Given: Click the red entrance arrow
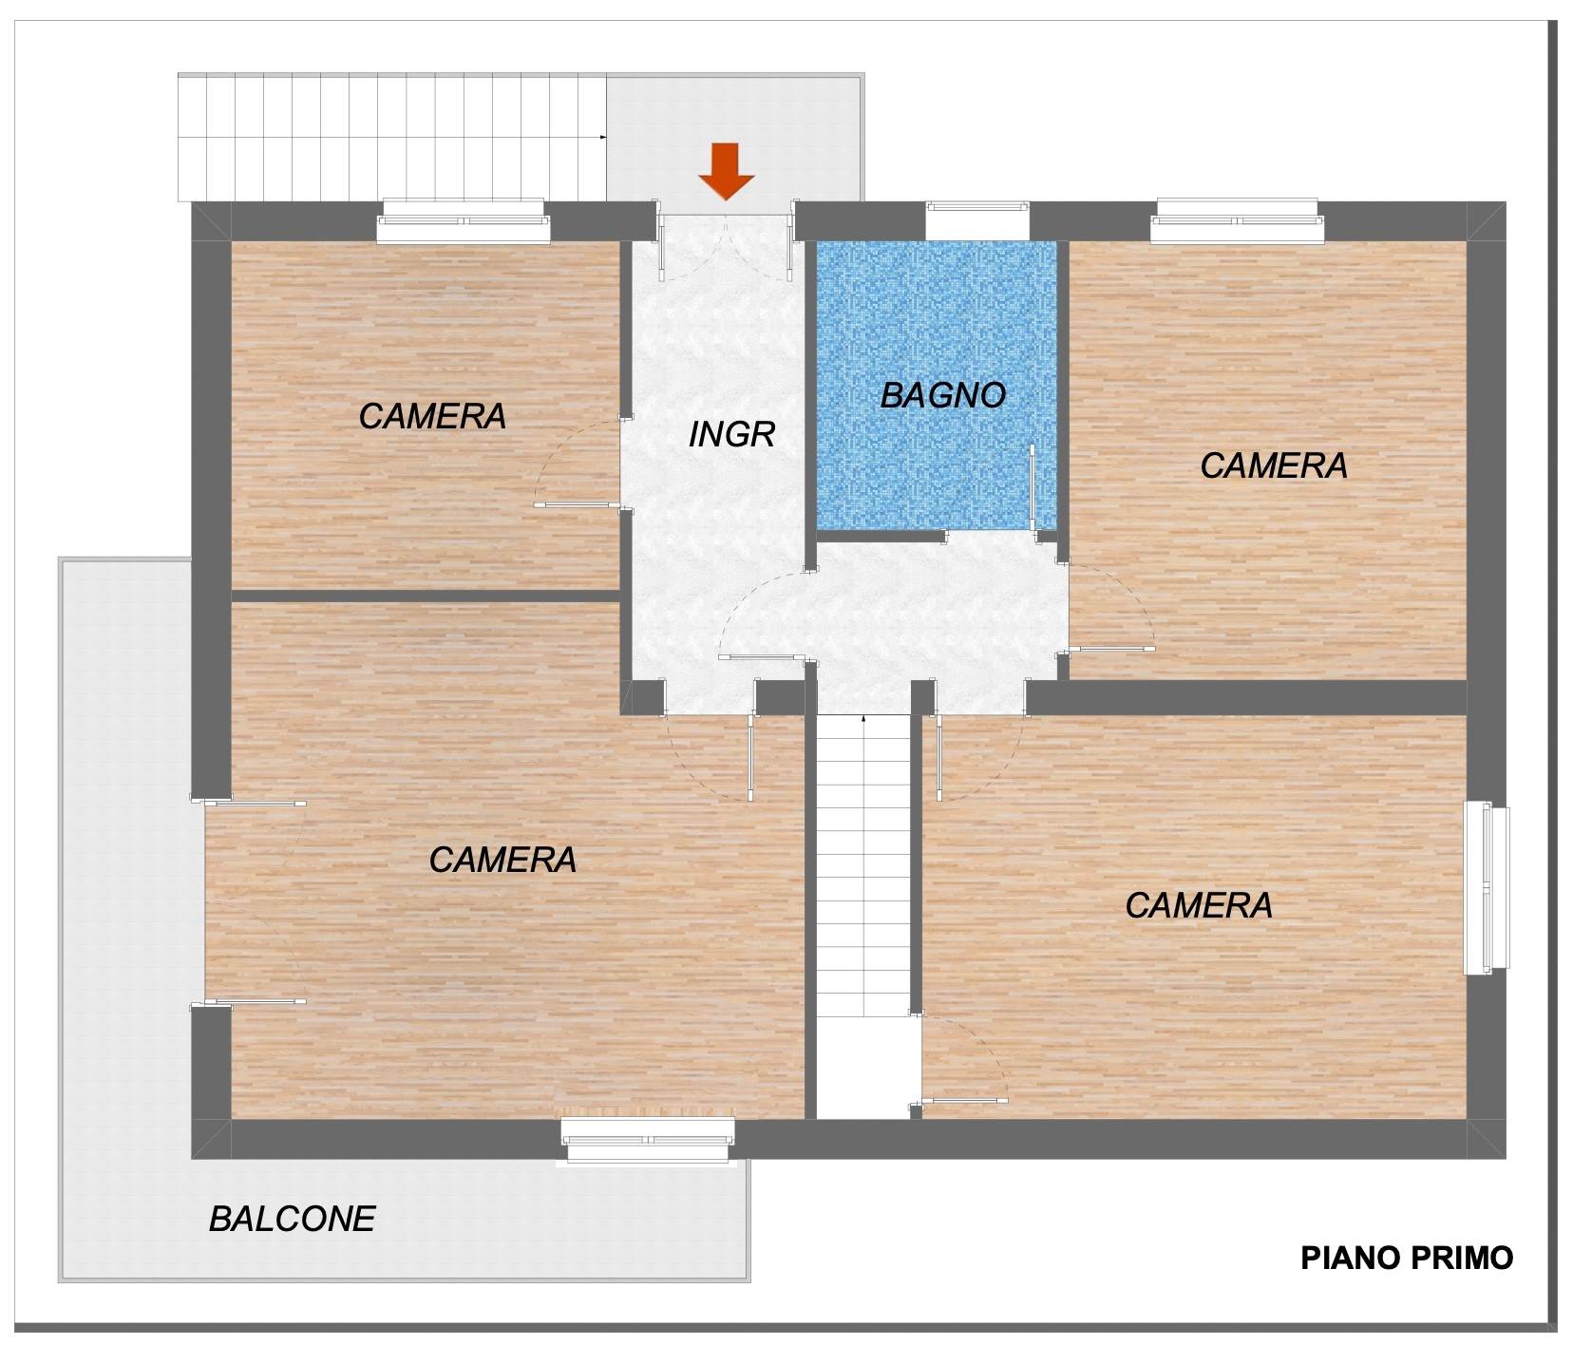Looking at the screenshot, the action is (726, 172).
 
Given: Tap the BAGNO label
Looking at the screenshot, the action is (942, 395).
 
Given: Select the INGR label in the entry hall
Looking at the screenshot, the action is (731, 434).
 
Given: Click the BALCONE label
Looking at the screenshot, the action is (293, 1219).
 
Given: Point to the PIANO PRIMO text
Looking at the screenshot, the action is (1407, 1258).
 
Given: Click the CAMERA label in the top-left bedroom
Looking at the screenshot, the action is (432, 416).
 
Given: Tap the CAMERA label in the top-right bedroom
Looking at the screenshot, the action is (1274, 465).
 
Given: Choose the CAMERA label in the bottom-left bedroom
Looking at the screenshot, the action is (502, 860).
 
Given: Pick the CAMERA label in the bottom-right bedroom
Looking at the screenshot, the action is (1199, 905).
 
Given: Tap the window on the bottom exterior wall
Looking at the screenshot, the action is (648, 1140).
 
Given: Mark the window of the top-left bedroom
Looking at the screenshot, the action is (464, 222).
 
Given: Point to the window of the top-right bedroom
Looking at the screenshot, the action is (1238, 221).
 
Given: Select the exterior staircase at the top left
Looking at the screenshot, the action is (392, 138).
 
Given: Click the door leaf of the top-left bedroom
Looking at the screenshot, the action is (578, 504).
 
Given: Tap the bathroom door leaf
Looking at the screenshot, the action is (1033, 485).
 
